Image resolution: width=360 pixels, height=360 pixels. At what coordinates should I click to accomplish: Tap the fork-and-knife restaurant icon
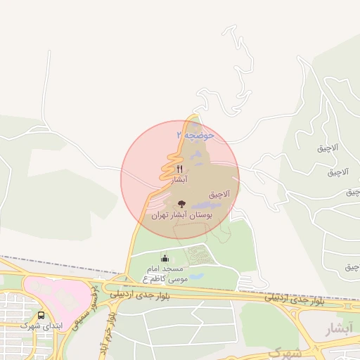pos(180,169)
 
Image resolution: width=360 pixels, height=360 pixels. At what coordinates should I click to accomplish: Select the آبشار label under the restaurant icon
pos(180,180)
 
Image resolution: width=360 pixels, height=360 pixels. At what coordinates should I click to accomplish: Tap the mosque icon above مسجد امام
pos(165,258)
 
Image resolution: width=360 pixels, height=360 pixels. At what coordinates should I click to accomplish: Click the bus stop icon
pos(41,316)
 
